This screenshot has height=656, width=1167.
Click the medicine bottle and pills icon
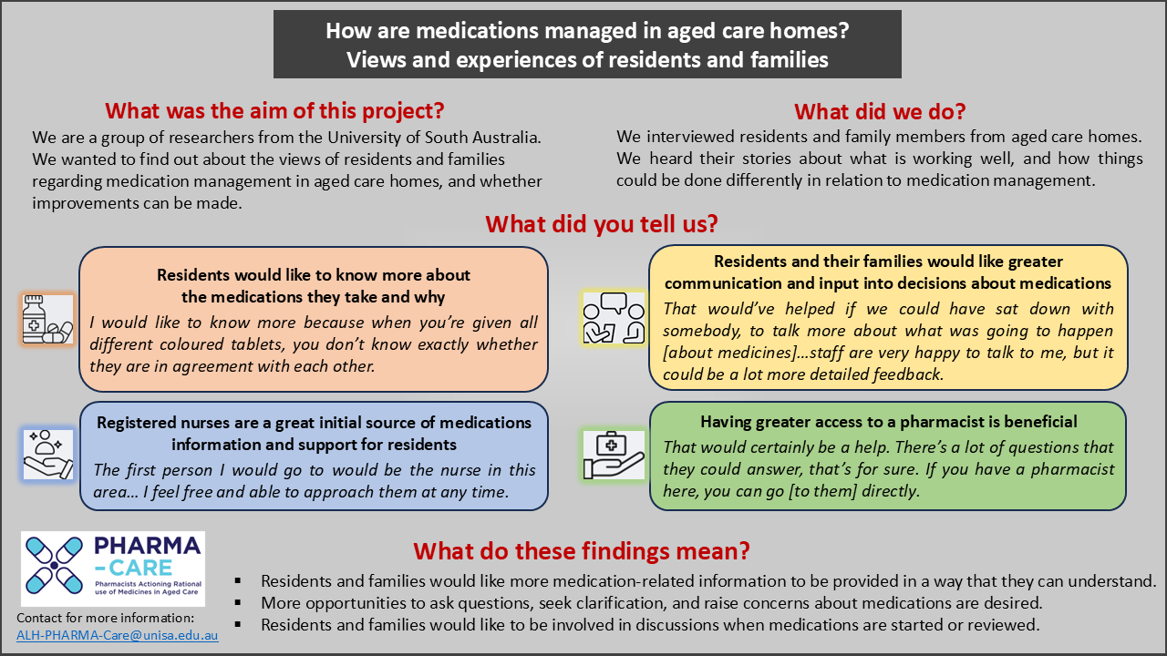[x=47, y=319]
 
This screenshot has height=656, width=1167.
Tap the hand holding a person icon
[x=48, y=454]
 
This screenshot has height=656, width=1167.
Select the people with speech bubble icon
[x=614, y=318]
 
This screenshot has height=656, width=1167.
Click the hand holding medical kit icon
[x=614, y=455]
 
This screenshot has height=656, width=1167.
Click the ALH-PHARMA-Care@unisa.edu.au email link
[x=118, y=635]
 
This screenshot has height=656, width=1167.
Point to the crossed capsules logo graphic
[x=54, y=566]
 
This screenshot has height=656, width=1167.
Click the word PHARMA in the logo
[x=148, y=546]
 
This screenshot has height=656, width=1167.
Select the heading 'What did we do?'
[x=880, y=111]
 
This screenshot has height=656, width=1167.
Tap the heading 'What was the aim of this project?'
[x=274, y=111]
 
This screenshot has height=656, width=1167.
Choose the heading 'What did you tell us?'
[x=602, y=224]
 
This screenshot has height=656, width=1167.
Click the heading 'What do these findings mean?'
[x=582, y=551]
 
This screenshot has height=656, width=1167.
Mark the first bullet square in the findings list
[x=238, y=581]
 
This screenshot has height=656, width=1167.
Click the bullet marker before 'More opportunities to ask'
[x=238, y=603]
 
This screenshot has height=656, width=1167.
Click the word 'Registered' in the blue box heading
[x=134, y=423]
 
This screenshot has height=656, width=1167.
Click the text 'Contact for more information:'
[x=105, y=618]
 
